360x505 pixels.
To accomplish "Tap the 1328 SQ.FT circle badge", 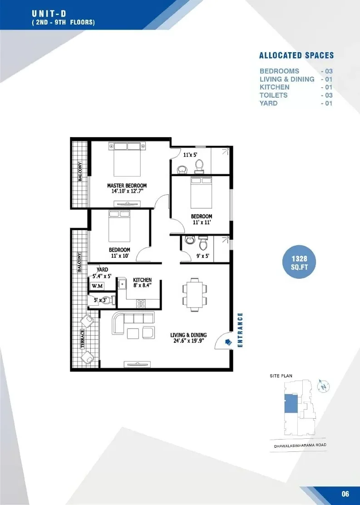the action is (x=299, y=262).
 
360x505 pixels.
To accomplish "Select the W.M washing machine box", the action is (x=97, y=286).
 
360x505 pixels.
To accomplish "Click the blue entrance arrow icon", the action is (x=228, y=342).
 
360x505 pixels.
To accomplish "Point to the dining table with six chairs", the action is (x=194, y=295).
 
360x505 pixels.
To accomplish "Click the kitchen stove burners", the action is (x=141, y=303).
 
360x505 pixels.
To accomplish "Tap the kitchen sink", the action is (x=123, y=284).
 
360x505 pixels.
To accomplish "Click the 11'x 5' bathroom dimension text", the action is (x=190, y=155).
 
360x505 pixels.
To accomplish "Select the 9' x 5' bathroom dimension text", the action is (x=203, y=256).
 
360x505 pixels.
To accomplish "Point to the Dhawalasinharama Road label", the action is (x=300, y=446).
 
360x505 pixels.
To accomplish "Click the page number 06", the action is (x=345, y=494).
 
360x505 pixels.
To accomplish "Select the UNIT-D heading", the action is (x=49, y=14).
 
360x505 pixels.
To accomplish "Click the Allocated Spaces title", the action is (x=296, y=55).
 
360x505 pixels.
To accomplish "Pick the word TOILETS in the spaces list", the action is (x=274, y=95).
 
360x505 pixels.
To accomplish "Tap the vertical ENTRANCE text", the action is (x=240, y=330).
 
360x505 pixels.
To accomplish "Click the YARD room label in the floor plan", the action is (x=103, y=270).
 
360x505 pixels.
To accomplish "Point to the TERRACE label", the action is (x=83, y=339).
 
